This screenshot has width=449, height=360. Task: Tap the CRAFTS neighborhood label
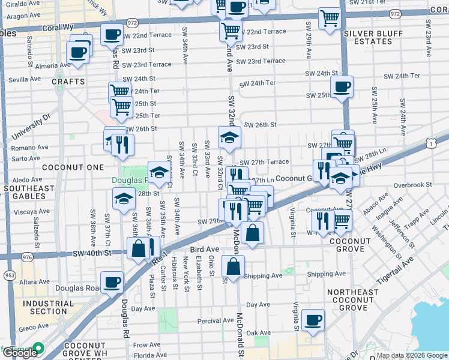(x=64, y=81)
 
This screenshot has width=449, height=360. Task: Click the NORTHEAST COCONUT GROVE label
(x=354, y=300)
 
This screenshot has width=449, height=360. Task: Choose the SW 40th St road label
(x=92, y=253)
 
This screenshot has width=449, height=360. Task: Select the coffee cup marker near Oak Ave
(x=313, y=319)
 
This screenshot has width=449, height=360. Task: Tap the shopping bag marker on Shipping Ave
(x=233, y=265)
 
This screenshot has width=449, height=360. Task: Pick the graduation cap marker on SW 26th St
(x=229, y=137)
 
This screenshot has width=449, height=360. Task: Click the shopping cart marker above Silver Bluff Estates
(x=330, y=19)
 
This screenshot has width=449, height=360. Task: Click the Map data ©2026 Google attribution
(x=412, y=355)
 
